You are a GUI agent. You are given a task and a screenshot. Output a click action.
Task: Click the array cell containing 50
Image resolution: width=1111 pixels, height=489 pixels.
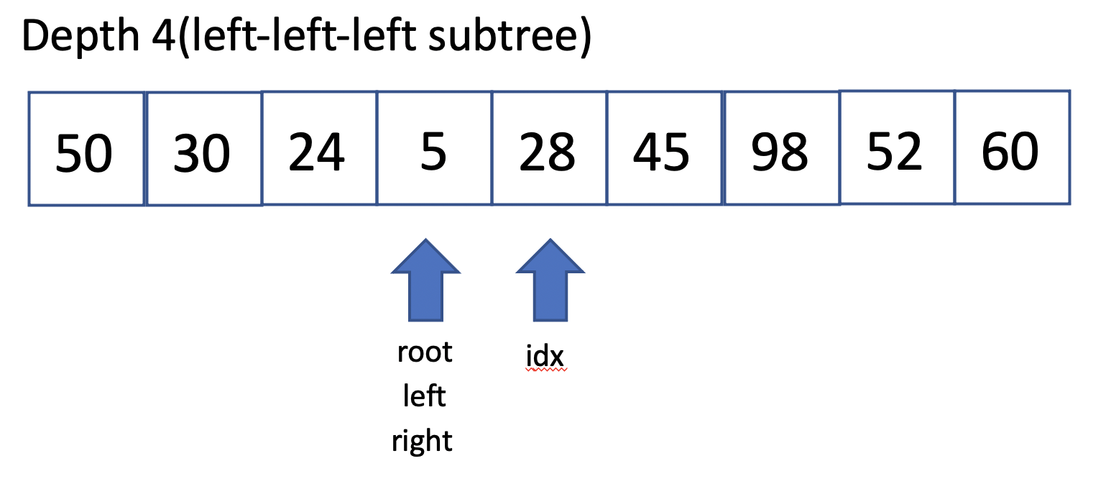click(x=86, y=148)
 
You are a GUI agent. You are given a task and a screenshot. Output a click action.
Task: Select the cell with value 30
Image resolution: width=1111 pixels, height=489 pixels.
click(x=204, y=148)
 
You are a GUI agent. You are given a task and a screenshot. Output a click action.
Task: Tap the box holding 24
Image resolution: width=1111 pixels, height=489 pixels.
click(x=319, y=148)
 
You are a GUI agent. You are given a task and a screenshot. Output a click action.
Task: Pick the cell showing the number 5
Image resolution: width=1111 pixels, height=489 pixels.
click(x=435, y=148)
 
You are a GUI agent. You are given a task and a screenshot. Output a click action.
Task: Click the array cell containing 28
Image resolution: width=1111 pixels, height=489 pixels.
click(x=550, y=148)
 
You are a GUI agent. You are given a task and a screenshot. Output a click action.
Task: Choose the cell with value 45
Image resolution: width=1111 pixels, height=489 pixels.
click(x=665, y=148)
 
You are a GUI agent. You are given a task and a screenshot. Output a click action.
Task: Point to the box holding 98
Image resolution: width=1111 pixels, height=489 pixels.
click(x=782, y=148)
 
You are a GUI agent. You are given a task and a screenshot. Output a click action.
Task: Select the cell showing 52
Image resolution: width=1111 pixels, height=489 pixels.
click(x=898, y=147)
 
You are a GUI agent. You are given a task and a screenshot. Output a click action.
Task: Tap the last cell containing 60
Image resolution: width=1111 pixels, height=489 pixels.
click(x=1013, y=147)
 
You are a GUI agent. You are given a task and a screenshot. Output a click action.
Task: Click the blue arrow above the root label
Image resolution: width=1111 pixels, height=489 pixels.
click(x=425, y=280)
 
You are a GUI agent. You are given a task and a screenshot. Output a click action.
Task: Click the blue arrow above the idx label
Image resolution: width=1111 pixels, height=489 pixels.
click(x=550, y=280)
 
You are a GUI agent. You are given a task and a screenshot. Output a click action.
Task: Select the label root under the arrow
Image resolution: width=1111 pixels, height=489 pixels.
click(x=425, y=353)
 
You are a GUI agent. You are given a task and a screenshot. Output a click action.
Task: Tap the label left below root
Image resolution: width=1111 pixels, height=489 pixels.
click(x=424, y=396)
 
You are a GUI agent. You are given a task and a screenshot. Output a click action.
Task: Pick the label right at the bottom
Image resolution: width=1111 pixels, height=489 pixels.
click(x=422, y=441)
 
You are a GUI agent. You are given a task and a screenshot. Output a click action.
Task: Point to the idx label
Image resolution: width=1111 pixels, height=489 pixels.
click(x=545, y=355)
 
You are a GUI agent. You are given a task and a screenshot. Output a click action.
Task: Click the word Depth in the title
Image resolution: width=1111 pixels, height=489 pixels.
click(x=80, y=36)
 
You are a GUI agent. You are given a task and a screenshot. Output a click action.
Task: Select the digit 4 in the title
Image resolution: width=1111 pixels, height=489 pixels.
click(x=163, y=36)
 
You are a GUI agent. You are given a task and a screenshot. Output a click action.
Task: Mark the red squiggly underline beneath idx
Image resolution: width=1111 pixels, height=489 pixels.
click(x=545, y=370)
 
